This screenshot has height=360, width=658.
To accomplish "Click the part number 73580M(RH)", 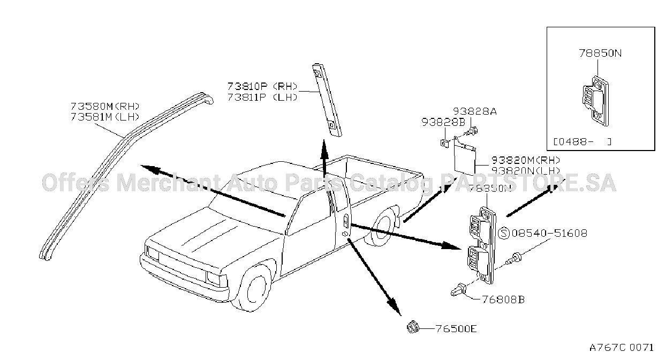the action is coord(105,106).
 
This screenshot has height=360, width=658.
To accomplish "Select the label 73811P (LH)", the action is coord(262,97).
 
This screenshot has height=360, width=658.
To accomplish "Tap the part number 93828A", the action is coord(475,111).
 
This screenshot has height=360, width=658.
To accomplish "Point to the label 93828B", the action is coord(443,122).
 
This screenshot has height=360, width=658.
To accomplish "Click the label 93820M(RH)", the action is coord(526,160).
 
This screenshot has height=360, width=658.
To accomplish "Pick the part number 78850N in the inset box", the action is coord(600,53).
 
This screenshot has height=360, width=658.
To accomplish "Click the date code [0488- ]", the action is coord(583,142).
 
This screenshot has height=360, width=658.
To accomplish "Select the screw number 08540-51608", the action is coord(550,233).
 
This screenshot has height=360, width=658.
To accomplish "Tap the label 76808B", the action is coord(503,300).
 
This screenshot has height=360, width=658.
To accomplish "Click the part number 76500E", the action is coord(456,328).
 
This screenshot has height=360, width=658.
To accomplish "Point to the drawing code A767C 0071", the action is coord(621,348).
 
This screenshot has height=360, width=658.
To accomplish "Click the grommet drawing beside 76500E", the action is coord(413,327).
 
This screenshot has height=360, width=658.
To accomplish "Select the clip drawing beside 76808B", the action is coord(458,290).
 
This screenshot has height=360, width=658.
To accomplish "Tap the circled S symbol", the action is coord(504,234).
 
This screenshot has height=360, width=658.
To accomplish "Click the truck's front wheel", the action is coord(255,289).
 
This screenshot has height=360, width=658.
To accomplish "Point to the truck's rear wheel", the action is coord(381,226).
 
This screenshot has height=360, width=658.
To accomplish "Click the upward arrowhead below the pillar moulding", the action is coord(324,149).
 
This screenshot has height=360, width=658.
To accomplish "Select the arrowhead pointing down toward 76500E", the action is coord(395,307).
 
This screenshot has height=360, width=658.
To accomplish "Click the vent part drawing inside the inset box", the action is coord(595,101).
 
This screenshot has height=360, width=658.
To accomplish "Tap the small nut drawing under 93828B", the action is coord(444,144).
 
